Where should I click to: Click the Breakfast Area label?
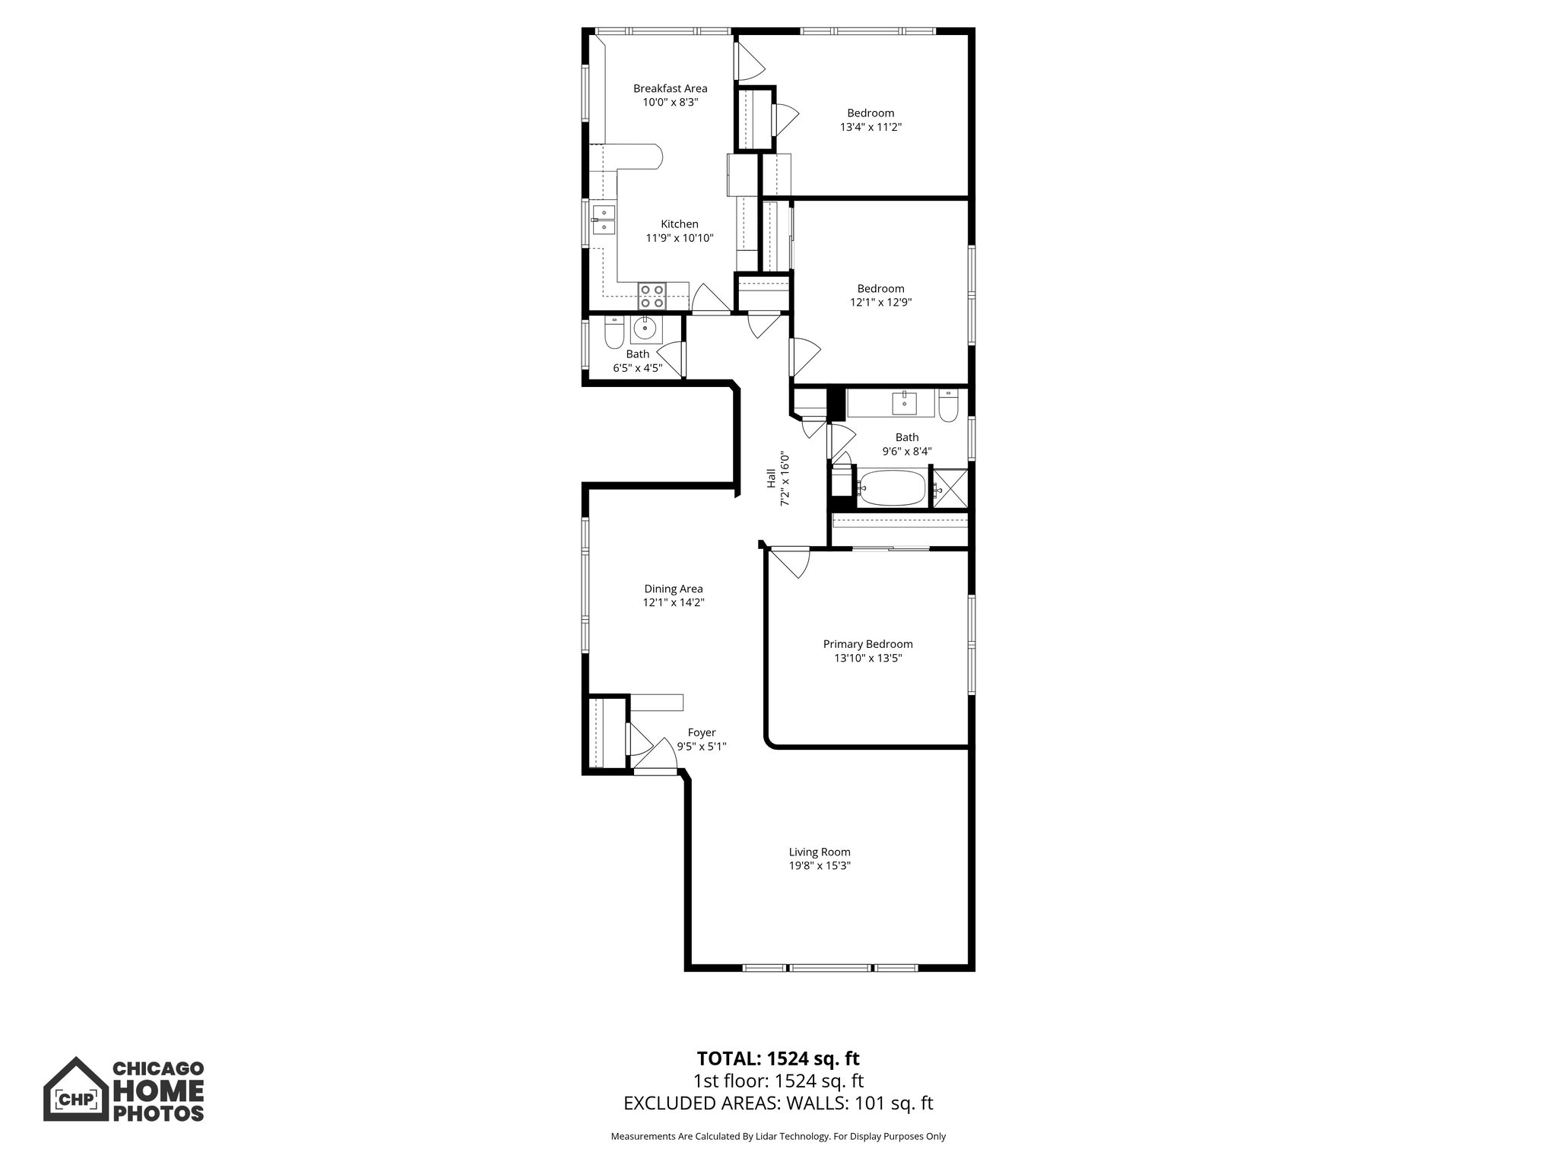pyautogui.click(x=670, y=88)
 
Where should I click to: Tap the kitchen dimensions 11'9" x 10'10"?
pyautogui.click(x=679, y=238)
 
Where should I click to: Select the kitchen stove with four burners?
pyautogui.click(x=652, y=295)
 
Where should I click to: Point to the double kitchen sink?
pyautogui.click(x=604, y=220)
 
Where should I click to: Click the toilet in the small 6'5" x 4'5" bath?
pyautogui.click(x=614, y=332)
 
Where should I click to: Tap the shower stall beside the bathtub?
pyautogui.click(x=950, y=488)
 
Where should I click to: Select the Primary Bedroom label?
pyautogui.click(x=867, y=644)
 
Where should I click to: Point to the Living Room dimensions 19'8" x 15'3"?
pyautogui.click(x=819, y=865)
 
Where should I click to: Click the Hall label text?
pyautogui.click(x=771, y=478)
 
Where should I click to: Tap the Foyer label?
pyautogui.click(x=701, y=732)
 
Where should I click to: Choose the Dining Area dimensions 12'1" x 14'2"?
pyautogui.click(x=673, y=602)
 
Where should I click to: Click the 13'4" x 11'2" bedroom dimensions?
pyautogui.click(x=870, y=127)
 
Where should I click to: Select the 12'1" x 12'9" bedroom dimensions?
pyautogui.click(x=880, y=302)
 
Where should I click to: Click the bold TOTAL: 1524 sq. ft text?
pyautogui.click(x=778, y=1058)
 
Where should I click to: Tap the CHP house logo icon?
pyautogui.click(x=75, y=1088)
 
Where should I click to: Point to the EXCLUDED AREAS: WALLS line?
pyautogui.click(x=778, y=1103)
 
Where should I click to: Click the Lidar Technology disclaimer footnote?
pyautogui.click(x=778, y=1136)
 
